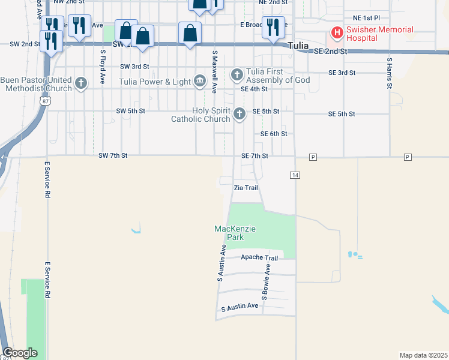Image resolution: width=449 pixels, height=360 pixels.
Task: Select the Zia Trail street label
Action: pyautogui.click(x=246, y=188)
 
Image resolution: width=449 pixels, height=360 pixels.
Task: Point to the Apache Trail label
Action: pyautogui.click(x=259, y=258)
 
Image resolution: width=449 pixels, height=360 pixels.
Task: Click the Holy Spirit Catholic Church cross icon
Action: pyautogui.click(x=240, y=113)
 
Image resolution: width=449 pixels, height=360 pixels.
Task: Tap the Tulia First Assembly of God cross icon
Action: pyautogui.click(x=237, y=75)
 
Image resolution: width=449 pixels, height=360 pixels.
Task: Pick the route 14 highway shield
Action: pyautogui.click(x=295, y=175)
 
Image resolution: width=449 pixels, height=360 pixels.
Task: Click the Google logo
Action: pyautogui.click(x=20, y=353)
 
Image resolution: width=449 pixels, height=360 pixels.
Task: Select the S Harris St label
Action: pyautogui.click(x=389, y=73)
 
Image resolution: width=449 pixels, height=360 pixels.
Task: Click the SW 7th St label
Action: pyautogui.click(x=113, y=156)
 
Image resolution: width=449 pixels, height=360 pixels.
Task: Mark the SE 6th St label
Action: pyautogui.click(x=274, y=134)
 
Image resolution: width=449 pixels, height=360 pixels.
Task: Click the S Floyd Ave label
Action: pyautogui.click(x=103, y=67)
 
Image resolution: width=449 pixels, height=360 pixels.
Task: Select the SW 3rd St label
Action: pyautogui.click(x=133, y=67)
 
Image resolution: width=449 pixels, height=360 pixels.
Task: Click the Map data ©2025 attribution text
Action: pyautogui.click(x=423, y=355)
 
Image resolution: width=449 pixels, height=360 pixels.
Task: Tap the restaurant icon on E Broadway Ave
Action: pyautogui.click(x=273, y=27)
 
